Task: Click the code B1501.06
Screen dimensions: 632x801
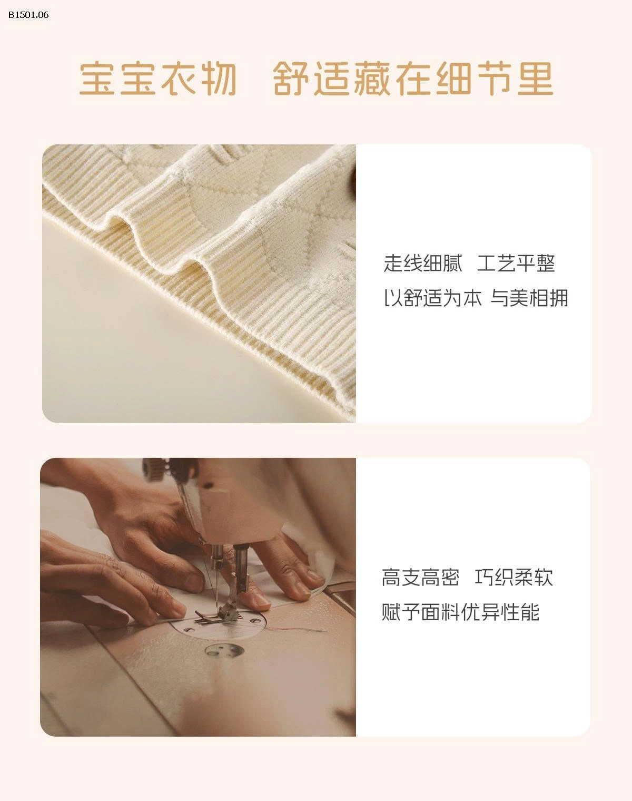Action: (28, 15)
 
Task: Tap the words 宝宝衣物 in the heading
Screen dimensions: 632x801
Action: (158, 79)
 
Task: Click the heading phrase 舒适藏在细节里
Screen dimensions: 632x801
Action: (413, 79)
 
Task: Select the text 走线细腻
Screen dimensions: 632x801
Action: (423, 263)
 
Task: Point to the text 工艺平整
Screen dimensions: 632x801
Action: (516, 263)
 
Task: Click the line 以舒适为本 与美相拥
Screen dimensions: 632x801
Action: (476, 298)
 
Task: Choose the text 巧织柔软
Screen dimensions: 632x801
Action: (513, 578)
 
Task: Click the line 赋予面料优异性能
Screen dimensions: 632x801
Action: (460, 612)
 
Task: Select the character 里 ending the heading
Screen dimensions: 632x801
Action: (536, 79)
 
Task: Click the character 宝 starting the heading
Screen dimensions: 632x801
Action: (97, 79)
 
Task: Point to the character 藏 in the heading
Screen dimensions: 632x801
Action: (372, 79)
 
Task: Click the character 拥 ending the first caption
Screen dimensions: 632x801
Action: (558, 298)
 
